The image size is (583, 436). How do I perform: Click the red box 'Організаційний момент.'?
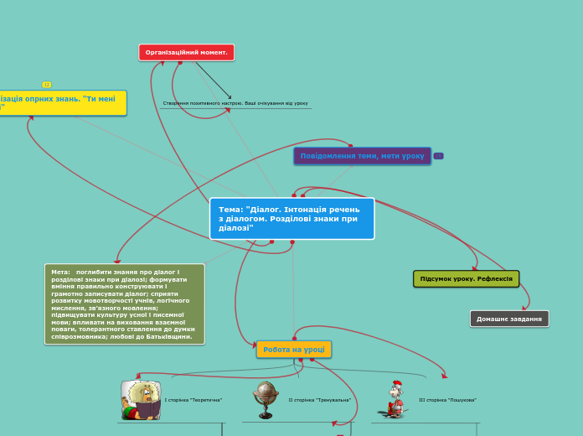186,52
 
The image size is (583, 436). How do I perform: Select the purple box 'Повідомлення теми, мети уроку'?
362,156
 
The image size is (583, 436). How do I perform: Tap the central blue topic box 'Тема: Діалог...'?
291,218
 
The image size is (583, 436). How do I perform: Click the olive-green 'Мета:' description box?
124,304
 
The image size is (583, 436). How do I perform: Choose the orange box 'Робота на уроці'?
293,349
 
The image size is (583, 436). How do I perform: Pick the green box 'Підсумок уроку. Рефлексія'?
466,278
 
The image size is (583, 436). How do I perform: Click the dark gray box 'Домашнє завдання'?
509,319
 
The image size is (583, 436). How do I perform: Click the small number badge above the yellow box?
47,85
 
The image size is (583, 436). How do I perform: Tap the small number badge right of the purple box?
438,156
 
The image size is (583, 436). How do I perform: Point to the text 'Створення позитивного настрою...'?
235,103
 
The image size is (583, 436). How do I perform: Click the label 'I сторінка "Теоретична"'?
193,400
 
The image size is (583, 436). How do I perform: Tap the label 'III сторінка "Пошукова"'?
447,400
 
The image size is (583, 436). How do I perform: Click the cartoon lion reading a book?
140,400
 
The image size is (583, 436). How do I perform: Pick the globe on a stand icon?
266,399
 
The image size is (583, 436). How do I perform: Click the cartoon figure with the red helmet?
393,399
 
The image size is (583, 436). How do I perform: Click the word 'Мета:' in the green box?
61,272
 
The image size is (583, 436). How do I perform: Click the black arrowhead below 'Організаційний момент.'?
229,97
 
